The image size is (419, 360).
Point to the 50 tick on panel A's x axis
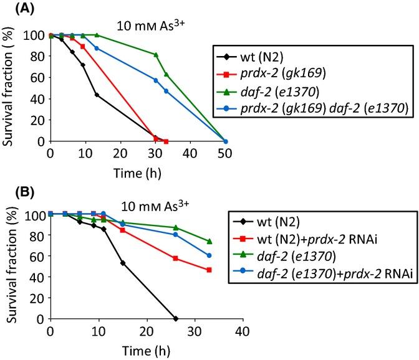point(225,154)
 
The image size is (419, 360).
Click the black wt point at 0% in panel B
point(175,318)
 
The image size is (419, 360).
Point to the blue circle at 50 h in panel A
point(225,141)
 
